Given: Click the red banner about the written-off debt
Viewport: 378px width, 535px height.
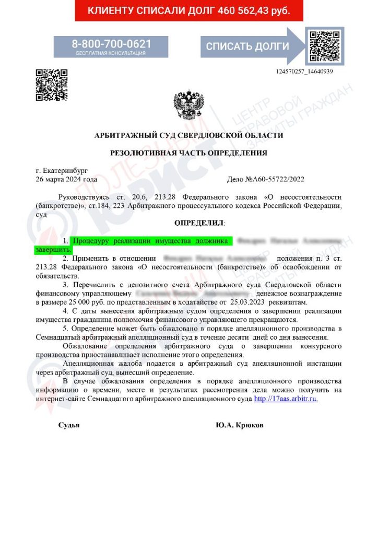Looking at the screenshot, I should pos(188,10).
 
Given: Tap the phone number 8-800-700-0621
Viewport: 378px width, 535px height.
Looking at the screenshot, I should pos(111,44).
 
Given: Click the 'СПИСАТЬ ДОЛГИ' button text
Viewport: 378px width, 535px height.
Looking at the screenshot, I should pos(247,46).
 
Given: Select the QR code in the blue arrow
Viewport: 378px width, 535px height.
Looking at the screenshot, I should pos(324,46).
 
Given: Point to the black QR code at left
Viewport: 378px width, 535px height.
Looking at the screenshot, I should pos(52,85).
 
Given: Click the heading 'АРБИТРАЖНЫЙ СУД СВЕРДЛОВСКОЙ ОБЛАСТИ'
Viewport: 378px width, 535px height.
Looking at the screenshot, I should pos(188,135).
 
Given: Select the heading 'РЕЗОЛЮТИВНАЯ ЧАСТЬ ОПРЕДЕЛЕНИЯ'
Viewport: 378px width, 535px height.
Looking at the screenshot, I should pos(188,153).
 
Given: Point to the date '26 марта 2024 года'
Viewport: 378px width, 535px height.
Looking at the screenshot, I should pos(66,179).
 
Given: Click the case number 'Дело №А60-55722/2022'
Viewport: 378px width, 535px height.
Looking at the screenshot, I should pos(266,179).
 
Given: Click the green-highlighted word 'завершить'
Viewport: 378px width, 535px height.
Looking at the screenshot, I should pos(53,250).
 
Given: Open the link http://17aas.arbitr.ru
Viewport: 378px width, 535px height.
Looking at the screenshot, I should pos(286,398).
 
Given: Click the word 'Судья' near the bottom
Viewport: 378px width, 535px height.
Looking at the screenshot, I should pos(69,425).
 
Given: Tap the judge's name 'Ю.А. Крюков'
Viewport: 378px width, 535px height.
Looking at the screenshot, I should pos(240,425).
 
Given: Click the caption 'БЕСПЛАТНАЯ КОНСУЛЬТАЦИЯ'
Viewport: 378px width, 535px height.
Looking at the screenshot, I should pos(111,53).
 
